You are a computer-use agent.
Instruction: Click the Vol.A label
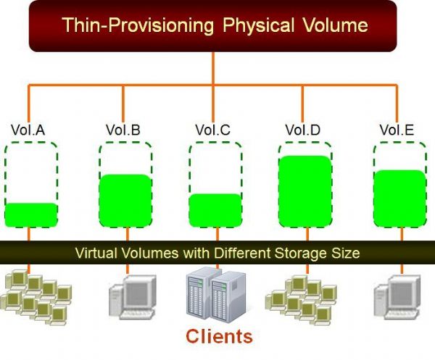click(x=28, y=130)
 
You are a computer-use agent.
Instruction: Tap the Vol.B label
click(x=123, y=130)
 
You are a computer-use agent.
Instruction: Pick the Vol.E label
click(x=397, y=130)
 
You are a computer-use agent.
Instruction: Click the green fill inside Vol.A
click(x=30, y=214)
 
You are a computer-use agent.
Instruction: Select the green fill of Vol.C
click(x=215, y=210)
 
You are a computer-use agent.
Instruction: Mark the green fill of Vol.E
click(x=398, y=198)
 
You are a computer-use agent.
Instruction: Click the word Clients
click(x=219, y=336)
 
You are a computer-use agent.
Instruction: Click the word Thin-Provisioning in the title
click(x=137, y=26)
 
